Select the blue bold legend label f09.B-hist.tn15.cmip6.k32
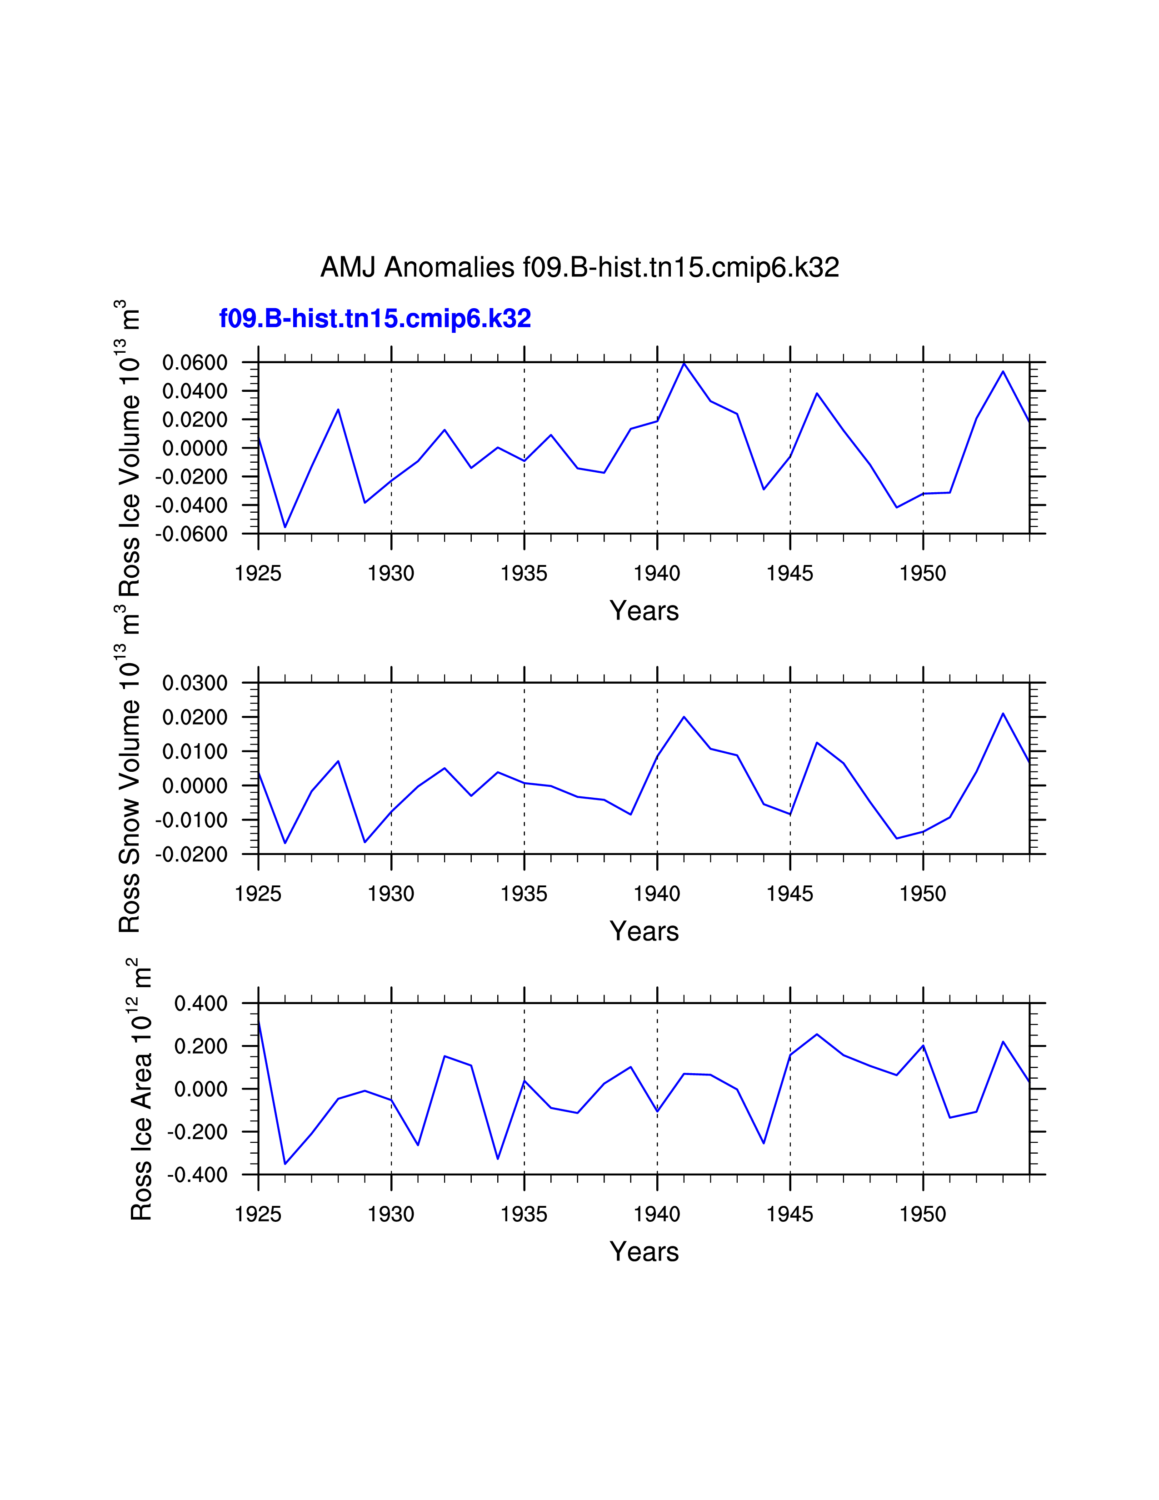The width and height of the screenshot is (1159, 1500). [x=375, y=319]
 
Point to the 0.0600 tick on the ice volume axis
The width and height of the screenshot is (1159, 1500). [x=195, y=363]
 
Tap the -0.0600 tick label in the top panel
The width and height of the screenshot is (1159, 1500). [x=191, y=534]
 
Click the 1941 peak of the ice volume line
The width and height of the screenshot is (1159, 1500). [x=684, y=363]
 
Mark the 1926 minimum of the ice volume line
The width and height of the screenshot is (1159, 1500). [x=285, y=527]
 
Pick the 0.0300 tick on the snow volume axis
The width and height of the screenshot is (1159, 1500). [x=195, y=683]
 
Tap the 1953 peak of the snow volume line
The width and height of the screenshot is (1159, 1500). [x=1003, y=714]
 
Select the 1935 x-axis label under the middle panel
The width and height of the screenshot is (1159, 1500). [x=524, y=894]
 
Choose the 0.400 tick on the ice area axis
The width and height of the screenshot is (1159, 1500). [x=200, y=1004]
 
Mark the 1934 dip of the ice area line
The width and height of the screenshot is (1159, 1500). [x=498, y=1159]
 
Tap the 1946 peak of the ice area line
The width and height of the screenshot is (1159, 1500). [x=816, y=1035]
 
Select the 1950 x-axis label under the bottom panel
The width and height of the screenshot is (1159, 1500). [x=923, y=1214]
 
